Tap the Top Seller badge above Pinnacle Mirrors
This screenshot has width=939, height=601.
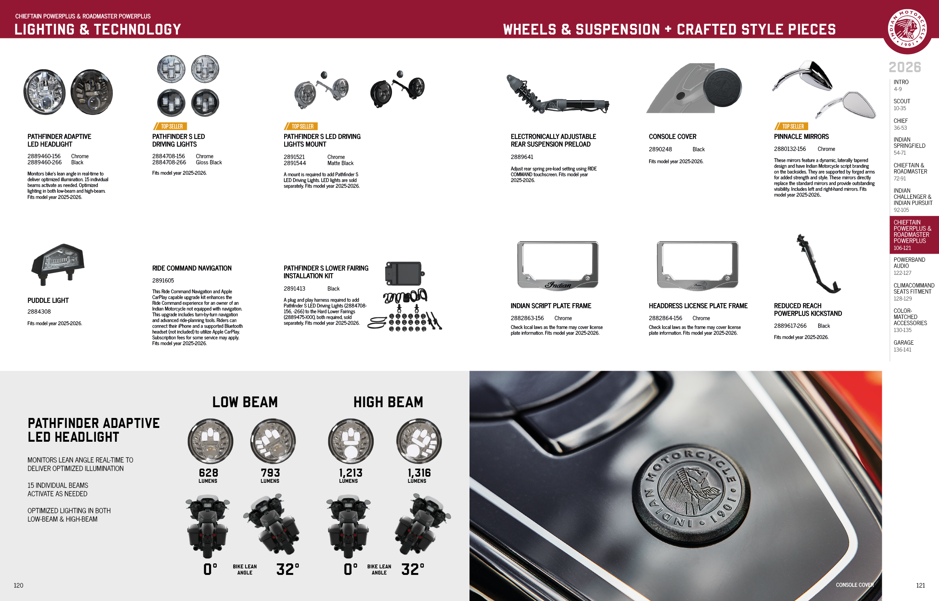pos(791,126)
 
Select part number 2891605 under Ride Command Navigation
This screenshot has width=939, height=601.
pos(163,281)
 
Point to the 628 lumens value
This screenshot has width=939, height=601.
pos(208,473)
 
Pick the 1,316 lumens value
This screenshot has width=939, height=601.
pos(419,473)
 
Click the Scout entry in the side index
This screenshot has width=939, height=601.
pos(901,105)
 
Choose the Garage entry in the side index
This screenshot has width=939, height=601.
pos(903,346)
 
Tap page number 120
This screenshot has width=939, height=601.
pos(18,585)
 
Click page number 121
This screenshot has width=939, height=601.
pos(920,585)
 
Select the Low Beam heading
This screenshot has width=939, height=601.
pos(245,402)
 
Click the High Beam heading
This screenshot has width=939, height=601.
pos(388,402)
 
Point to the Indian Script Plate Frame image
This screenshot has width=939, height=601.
pos(558,266)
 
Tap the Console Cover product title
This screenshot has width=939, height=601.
pos(672,137)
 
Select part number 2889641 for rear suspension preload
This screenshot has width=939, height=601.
pos(522,157)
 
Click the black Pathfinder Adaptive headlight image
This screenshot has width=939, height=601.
pos(92,92)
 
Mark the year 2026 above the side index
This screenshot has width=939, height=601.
pos(905,67)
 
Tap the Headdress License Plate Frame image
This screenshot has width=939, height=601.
pos(697,266)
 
